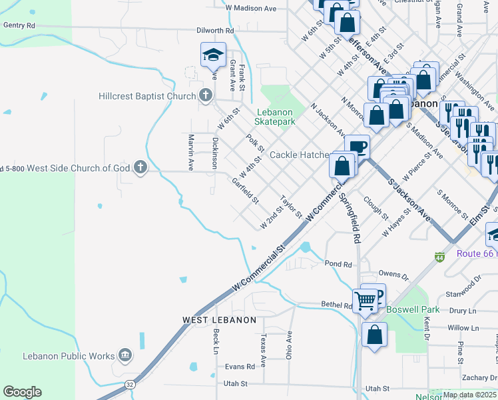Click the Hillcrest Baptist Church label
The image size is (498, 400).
(x=147, y=96)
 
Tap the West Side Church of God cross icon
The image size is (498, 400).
(x=140, y=167)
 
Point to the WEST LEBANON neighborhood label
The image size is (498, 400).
(x=219, y=320)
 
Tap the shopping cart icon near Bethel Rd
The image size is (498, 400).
(x=366, y=301)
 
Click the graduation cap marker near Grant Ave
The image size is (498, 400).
(x=213, y=55)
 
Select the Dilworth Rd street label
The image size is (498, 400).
(x=215, y=31)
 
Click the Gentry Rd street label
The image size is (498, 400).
(x=19, y=25)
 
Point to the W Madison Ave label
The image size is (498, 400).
(x=250, y=8)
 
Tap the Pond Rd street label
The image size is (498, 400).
(x=338, y=264)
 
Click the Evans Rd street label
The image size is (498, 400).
(x=240, y=367)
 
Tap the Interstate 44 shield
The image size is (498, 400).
(x=439, y=257)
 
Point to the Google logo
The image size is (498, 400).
(x=22, y=392)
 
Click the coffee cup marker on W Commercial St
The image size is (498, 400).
(x=358, y=146)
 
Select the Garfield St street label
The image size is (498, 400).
(x=244, y=190)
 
